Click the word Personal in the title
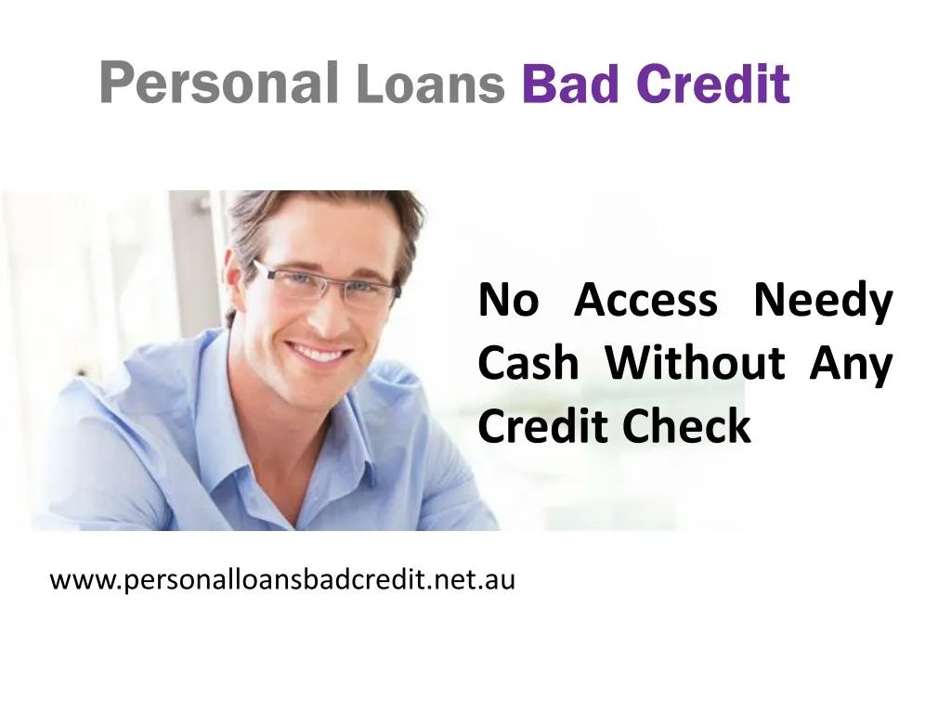(219, 83)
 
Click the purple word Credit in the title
(713, 83)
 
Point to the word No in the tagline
(508, 301)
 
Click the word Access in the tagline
(645, 301)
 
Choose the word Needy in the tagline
(823, 303)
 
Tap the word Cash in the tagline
(528, 364)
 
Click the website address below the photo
(281, 581)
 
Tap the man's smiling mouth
(319, 353)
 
